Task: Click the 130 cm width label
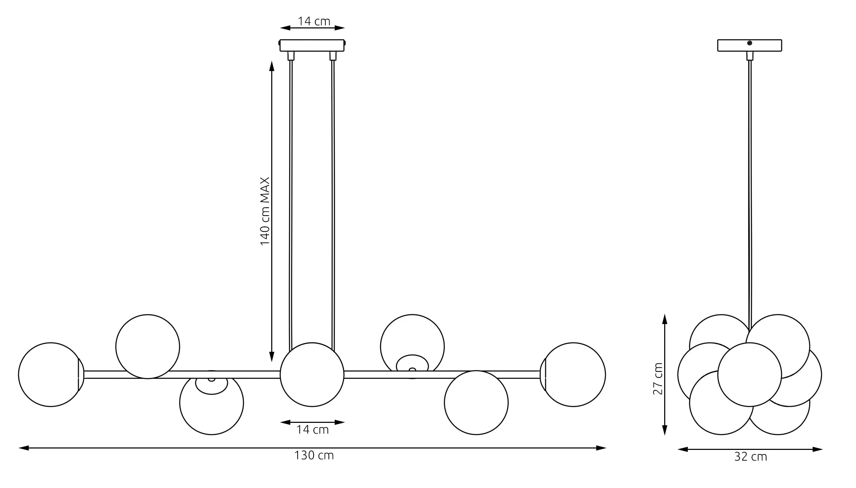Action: click(x=314, y=455)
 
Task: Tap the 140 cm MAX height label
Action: click(x=265, y=211)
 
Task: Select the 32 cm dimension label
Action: click(x=751, y=457)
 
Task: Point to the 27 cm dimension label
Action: click(x=658, y=378)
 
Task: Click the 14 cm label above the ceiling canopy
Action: click(x=314, y=21)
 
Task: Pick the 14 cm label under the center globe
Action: click(x=312, y=430)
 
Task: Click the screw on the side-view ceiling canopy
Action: click(x=750, y=43)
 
